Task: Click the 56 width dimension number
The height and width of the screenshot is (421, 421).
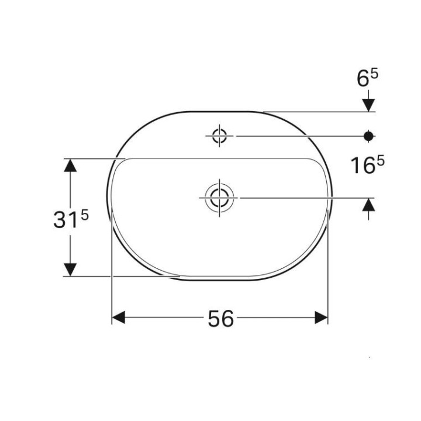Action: click(x=220, y=318)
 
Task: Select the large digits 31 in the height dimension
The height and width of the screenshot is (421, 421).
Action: click(x=65, y=220)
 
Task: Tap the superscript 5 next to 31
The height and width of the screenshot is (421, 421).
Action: click(x=84, y=215)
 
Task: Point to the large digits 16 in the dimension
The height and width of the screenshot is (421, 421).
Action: click(x=363, y=167)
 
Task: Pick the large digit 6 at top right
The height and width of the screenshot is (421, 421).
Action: click(x=363, y=79)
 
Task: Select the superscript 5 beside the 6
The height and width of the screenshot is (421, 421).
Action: click(x=374, y=74)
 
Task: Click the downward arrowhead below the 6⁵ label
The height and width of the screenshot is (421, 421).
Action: click(x=368, y=103)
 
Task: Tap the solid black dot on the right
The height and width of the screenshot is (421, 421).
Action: click(x=368, y=136)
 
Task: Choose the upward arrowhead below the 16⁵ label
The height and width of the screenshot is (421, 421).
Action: click(x=368, y=205)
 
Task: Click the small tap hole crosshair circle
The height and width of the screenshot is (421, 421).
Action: click(x=220, y=136)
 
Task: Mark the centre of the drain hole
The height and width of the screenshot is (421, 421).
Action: click(x=219, y=198)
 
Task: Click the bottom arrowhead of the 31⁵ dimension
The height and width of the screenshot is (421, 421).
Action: click(x=70, y=270)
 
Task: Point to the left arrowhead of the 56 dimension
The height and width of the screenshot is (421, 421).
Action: click(x=119, y=318)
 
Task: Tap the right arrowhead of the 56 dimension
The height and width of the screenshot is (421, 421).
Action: click(x=321, y=318)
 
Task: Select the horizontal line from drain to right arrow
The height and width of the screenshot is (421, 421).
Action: click(x=304, y=198)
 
